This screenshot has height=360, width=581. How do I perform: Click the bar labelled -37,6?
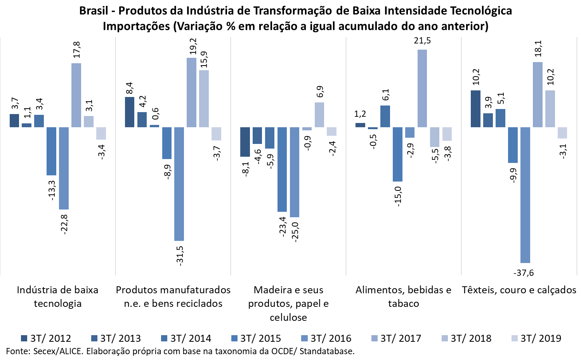tap(525, 195)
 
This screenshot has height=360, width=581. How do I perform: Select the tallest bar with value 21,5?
tap(422, 88)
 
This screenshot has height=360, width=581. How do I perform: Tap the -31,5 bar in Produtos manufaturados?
tap(179, 184)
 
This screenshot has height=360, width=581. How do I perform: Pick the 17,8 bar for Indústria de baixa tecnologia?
tap(76, 95)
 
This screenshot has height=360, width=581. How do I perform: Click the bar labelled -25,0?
tap(295, 172)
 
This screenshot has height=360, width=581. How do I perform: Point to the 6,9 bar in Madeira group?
tap(319, 114)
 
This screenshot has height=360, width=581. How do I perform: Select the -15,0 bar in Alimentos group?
tap(397, 154)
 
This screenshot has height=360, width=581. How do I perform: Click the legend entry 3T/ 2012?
tap(46, 338)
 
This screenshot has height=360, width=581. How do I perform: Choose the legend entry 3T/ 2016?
tap(326, 338)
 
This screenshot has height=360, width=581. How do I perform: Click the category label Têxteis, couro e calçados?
tap(519, 290)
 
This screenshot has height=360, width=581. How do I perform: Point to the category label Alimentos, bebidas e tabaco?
tap(403, 296)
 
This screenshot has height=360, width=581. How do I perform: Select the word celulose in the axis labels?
tap(288, 317)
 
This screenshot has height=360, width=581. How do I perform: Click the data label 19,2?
tap(193, 47)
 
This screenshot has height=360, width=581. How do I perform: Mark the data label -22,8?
tap(64, 224)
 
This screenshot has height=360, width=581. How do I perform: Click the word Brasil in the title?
tap(94, 10)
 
